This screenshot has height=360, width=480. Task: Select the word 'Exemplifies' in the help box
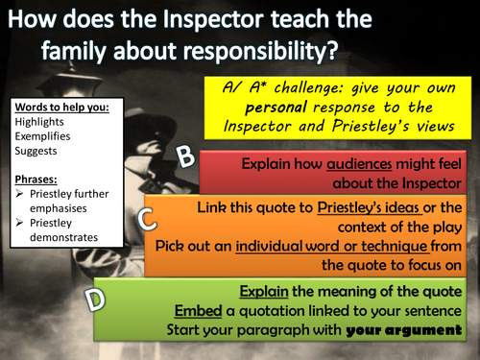pos(38,135)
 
